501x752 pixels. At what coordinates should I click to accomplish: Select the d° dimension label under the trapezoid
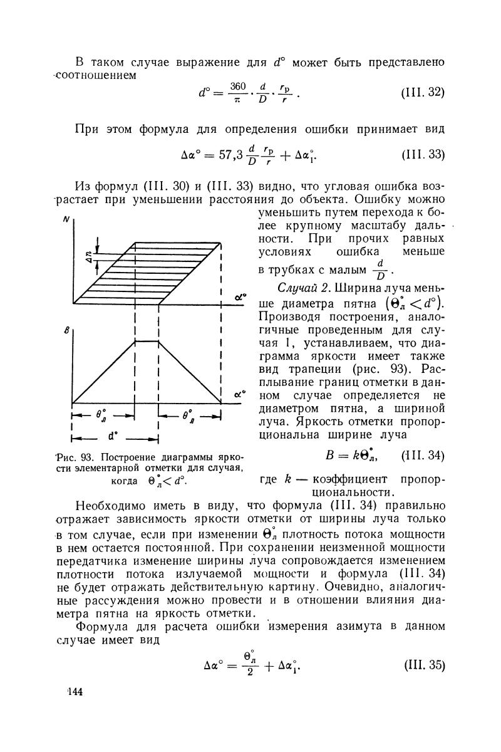(x=114, y=436)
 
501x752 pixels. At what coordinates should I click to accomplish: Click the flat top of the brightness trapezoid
(x=147, y=342)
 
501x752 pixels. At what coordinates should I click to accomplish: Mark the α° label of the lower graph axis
(x=239, y=395)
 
